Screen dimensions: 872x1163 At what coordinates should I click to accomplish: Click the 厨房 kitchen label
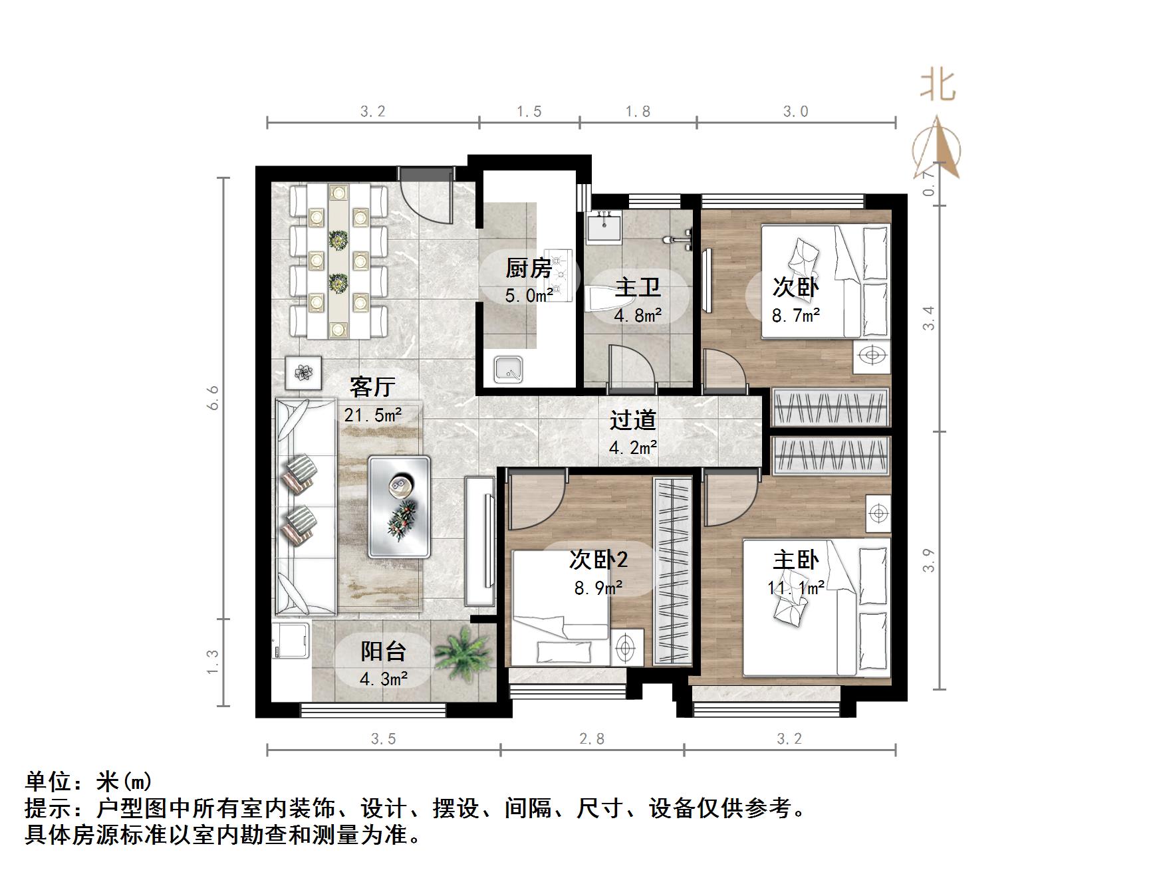click(x=529, y=268)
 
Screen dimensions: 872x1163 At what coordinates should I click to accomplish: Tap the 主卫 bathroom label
click(x=637, y=288)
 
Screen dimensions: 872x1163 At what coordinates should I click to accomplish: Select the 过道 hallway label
click(x=632, y=419)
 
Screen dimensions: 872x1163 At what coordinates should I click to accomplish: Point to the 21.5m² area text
click(x=372, y=415)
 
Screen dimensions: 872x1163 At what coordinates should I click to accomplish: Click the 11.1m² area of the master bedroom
click(x=796, y=588)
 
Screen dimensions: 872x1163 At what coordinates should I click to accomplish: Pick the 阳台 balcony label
click(x=383, y=651)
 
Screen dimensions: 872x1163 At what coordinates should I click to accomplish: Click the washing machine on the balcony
click(x=291, y=640)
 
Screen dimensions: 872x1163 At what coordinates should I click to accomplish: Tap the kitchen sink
click(x=509, y=370)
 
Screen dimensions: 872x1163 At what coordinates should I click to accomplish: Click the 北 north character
click(x=938, y=85)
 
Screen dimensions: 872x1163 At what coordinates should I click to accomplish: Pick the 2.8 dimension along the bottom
click(x=591, y=738)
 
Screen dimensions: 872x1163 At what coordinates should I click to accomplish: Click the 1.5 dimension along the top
click(x=529, y=112)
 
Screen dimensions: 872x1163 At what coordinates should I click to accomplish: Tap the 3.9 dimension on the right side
click(x=930, y=560)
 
